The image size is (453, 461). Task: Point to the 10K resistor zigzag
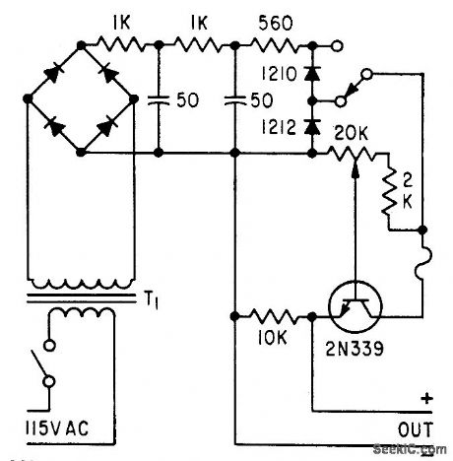coord(273,317)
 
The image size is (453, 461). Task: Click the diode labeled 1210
coord(312,73)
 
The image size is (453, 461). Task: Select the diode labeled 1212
coord(312,125)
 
